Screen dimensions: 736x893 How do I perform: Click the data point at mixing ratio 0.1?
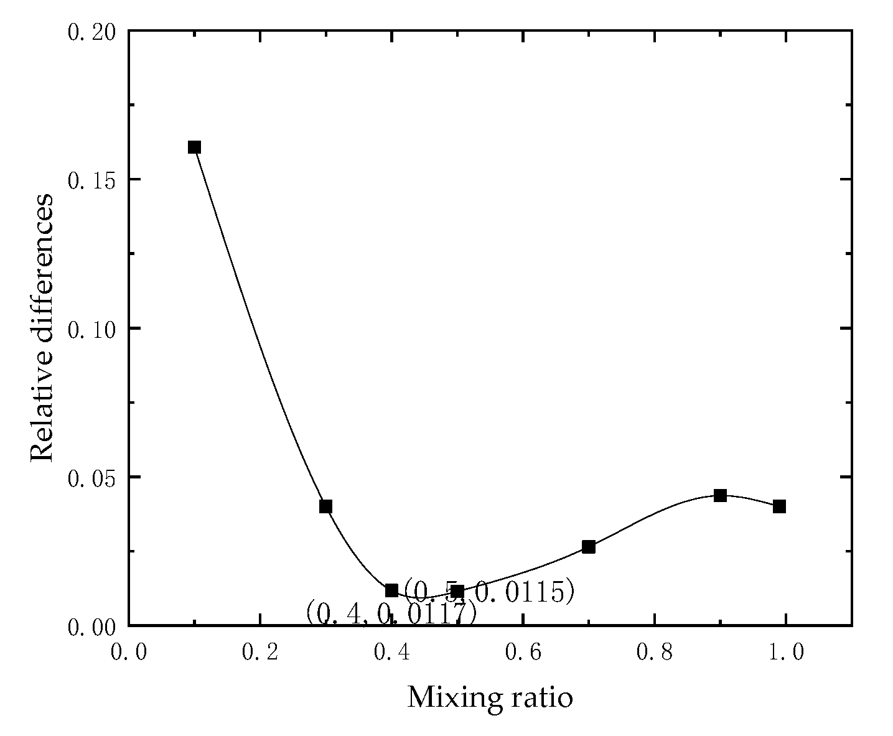[x=194, y=147]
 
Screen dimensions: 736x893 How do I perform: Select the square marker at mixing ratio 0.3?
[x=325, y=506]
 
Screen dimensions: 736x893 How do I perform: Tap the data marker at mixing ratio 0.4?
[x=391, y=590]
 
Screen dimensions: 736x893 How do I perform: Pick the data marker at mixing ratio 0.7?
[x=589, y=547]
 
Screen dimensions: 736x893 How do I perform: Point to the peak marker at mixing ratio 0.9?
[x=720, y=496]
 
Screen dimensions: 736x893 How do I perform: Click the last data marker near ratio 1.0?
[x=779, y=506]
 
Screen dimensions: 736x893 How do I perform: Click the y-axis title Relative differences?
[x=42, y=328]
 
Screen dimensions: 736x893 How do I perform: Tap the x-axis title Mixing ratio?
[x=490, y=697]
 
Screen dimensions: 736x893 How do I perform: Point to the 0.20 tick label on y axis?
[x=92, y=31]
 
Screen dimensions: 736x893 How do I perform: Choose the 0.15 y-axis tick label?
[x=92, y=180]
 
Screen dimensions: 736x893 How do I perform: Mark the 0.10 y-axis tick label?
[x=92, y=328]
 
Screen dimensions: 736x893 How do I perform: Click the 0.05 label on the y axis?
[x=92, y=477]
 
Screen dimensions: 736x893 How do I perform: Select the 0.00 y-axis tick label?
[x=92, y=626]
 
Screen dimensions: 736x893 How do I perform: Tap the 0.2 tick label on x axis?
[x=260, y=652]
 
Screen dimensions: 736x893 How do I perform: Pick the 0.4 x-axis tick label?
[x=391, y=652]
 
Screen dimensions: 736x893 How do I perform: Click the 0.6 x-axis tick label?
[x=523, y=652]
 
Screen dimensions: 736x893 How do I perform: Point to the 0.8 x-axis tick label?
[x=654, y=652]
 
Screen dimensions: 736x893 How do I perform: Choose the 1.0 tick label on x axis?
[x=785, y=652]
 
